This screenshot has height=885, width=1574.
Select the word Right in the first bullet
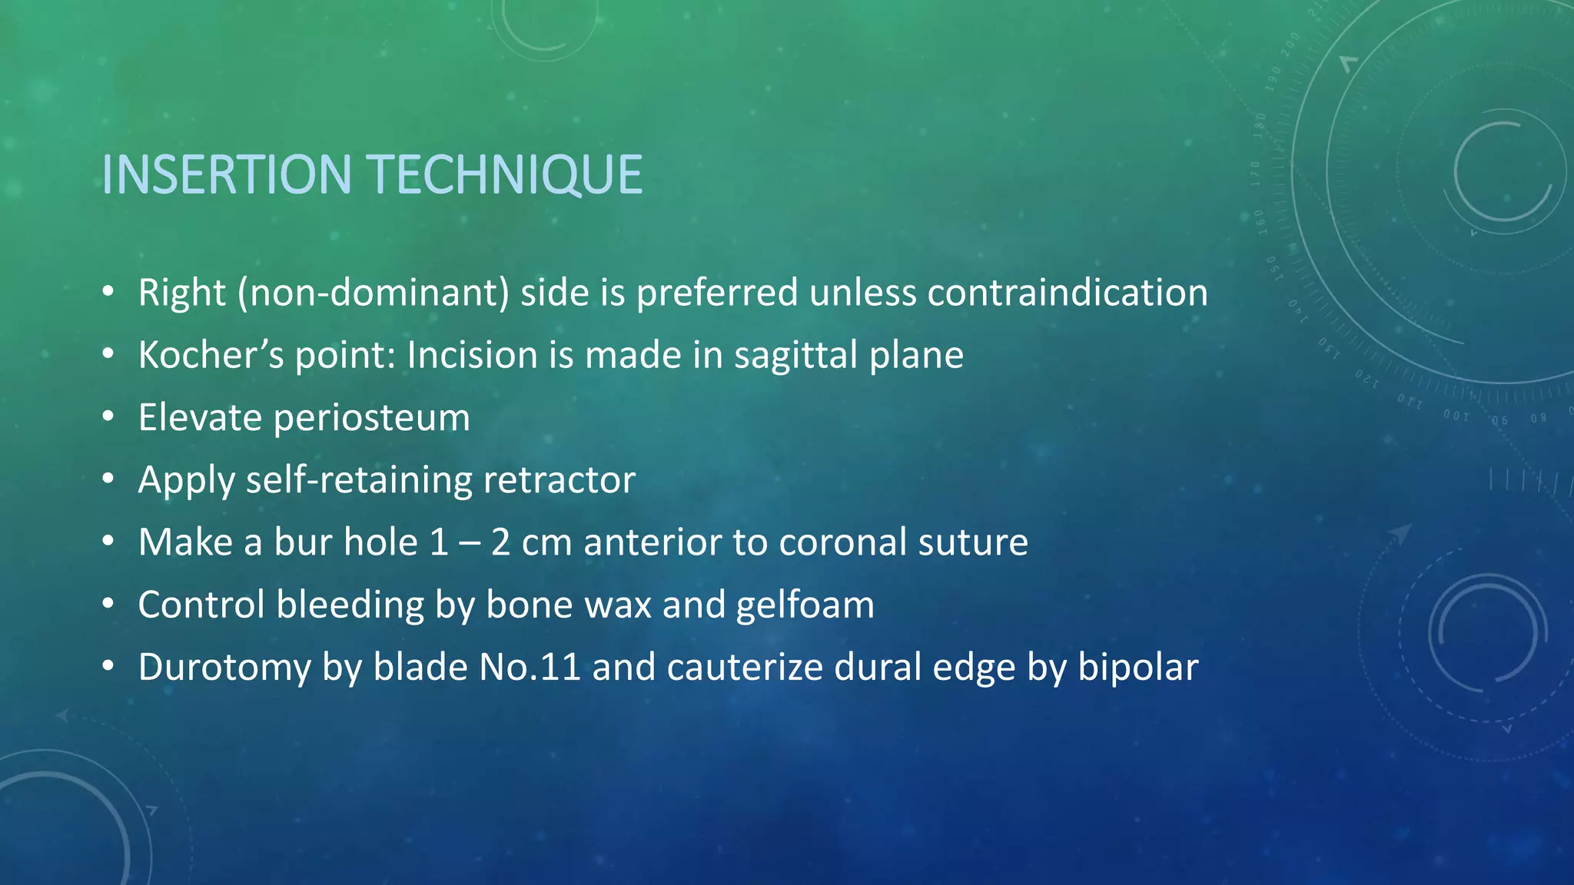point(182,293)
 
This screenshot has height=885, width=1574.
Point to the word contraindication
point(1068,293)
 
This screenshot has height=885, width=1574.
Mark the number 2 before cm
point(500,542)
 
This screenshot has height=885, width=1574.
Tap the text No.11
point(530,667)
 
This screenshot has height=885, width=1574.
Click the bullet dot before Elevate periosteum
point(108,418)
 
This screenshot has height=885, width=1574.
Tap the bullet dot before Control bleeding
point(108,605)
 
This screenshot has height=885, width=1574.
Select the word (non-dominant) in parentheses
point(374,293)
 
